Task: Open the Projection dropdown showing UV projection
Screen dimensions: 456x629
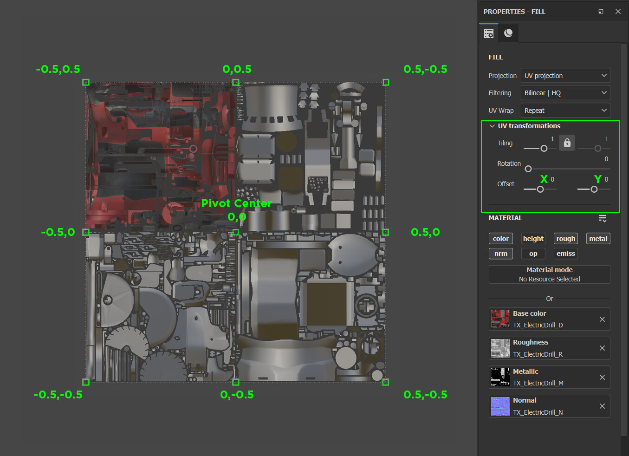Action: tap(565, 76)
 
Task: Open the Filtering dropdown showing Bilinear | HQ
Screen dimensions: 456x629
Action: tap(565, 93)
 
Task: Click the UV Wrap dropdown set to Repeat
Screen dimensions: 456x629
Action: tap(565, 111)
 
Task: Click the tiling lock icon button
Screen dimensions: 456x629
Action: tap(567, 143)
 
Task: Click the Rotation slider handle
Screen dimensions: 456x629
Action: tap(528, 169)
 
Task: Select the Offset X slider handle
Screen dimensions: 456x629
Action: tap(540, 189)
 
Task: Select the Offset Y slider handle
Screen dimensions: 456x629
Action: tap(594, 189)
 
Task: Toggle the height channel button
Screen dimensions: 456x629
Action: tap(533, 239)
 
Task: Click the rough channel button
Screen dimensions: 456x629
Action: tap(565, 239)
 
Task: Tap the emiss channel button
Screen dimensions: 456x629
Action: tap(565, 254)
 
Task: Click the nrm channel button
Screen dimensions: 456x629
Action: tap(500, 254)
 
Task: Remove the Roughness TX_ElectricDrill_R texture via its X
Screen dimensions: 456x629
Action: tap(602, 348)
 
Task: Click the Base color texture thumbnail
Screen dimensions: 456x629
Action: tap(500, 319)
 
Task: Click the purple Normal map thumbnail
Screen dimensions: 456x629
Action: tap(500, 406)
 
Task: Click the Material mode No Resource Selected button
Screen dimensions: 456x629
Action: tap(549, 274)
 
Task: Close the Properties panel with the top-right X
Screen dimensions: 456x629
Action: tap(618, 12)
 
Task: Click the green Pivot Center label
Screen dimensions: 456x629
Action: tap(236, 203)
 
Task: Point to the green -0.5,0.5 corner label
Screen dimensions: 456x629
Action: tap(58, 69)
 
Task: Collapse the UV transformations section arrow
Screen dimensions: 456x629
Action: tap(492, 126)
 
